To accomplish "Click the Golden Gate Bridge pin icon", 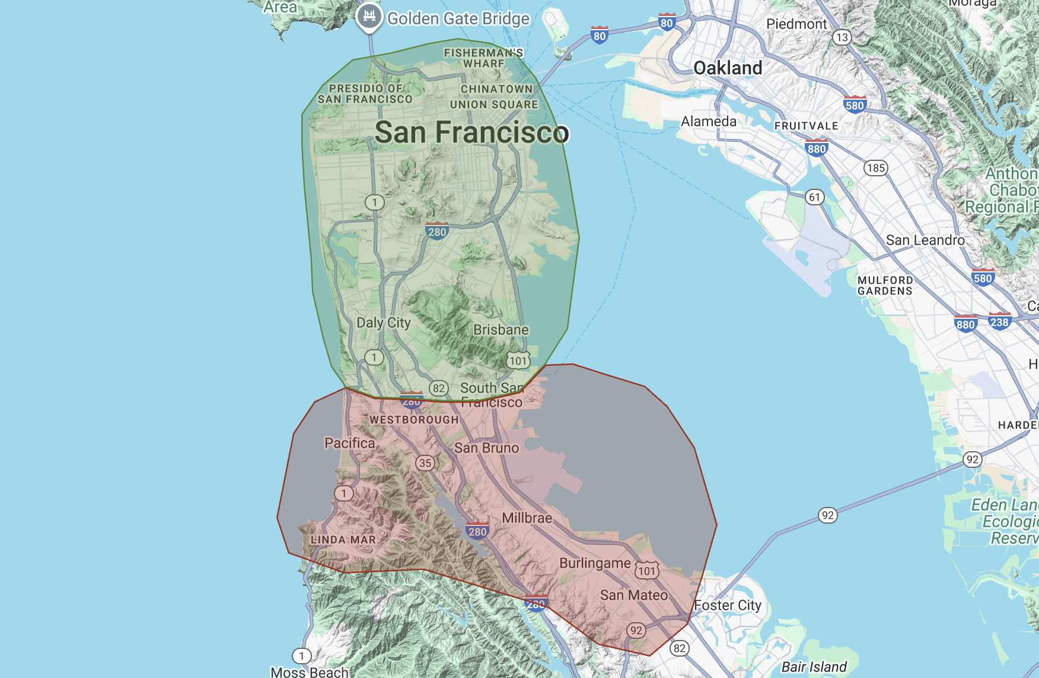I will tap(369, 17).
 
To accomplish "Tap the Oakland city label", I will tap(728, 68).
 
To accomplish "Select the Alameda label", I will tap(709, 122).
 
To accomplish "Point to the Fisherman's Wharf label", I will tap(484, 58).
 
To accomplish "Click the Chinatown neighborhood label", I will tap(497, 89).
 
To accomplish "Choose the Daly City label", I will tap(383, 322).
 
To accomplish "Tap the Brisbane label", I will tap(501, 330).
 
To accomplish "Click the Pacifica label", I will tap(350, 443).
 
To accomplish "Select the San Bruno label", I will tap(486, 448).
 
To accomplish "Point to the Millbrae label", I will tap(527, 518).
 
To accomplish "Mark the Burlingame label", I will tap(595, 563).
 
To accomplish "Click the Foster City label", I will tap(728, 606).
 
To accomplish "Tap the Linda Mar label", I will tap(343, 540).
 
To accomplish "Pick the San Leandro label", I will tap(925, 240).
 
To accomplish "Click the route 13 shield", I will tap(842, 37).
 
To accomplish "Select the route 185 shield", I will tap(875, 168).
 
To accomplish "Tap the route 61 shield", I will tap(815, 197).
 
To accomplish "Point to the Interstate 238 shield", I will tap(999, 322).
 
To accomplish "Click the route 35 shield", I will tap(425, 463).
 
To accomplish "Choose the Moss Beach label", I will tap(310, 672).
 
